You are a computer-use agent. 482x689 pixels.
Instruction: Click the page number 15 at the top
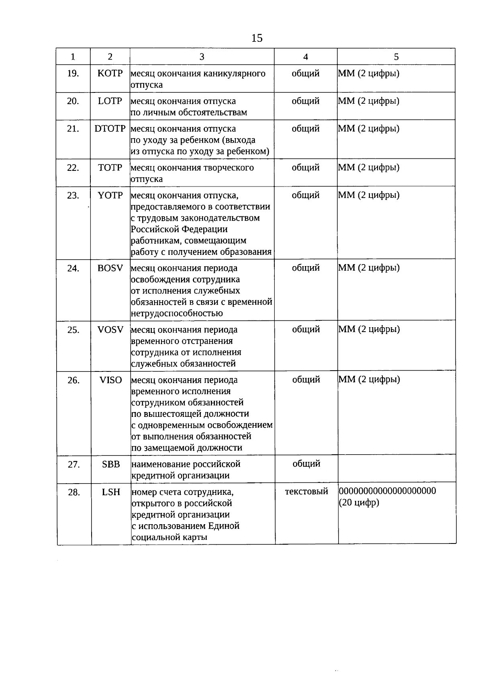[x=257, y=38]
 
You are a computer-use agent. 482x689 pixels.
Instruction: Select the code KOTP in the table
[x=110, y=74]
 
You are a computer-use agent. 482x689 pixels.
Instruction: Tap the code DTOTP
[x=110, y=129]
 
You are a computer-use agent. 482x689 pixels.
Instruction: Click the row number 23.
[x=73, y=195]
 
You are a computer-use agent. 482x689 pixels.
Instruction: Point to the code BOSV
[x=110, y=268]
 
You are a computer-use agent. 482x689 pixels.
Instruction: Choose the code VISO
[x=110, y=380]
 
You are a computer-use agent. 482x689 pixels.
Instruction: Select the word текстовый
[x=306, y=491]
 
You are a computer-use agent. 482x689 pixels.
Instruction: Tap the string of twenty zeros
[x=388, y=491]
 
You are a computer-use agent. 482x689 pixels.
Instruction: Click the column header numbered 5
[x=396, y=57]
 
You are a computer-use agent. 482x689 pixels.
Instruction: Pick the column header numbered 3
[x=202, y=57]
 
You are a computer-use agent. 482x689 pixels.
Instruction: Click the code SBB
[x=111, y=464]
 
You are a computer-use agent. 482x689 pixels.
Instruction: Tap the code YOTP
[x=110, y=195]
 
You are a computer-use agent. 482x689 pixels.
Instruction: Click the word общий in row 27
[x=306, y=463]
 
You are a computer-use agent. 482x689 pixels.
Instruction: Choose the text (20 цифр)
[x=359, y=502]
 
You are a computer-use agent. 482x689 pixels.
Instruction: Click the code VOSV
[x=110, y=330]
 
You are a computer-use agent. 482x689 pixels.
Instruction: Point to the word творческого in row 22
[x=230, y=168]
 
